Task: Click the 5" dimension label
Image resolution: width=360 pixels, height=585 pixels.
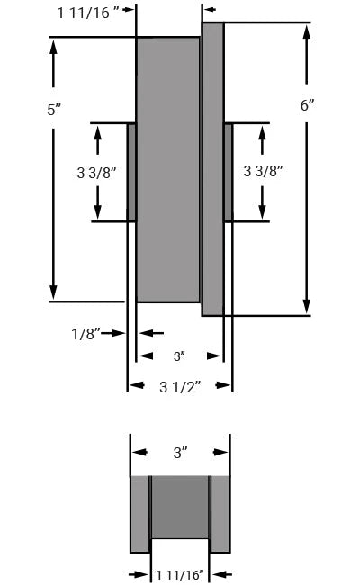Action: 53,109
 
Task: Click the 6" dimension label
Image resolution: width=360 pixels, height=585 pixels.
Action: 307,104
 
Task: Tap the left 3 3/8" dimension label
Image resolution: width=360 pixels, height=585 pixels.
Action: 96,171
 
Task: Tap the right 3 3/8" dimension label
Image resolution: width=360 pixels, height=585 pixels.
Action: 264,171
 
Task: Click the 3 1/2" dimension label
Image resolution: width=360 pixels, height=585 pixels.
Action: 180,386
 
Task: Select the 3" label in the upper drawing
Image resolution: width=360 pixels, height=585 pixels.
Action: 178,356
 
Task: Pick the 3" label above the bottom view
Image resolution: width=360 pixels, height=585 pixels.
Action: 180,453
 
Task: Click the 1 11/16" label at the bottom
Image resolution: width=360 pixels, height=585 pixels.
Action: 180,573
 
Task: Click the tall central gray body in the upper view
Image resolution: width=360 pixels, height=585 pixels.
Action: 167,169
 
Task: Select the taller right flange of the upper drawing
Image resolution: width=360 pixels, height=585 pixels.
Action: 212,169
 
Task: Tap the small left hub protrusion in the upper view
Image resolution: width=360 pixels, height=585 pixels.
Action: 131,172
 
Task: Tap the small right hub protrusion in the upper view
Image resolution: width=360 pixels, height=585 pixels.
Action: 229,172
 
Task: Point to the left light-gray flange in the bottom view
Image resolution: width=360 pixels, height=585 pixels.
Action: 139,513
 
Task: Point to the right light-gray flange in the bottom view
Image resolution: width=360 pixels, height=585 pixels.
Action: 220,513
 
